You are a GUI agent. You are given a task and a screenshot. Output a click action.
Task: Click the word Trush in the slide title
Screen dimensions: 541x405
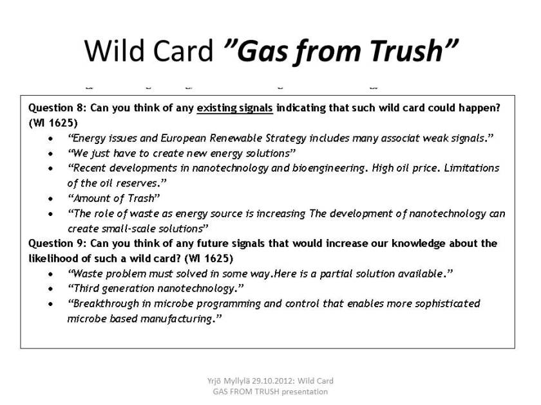[x=407, y=51]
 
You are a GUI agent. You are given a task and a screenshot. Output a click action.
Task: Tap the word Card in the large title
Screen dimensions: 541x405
[x=182, y=51]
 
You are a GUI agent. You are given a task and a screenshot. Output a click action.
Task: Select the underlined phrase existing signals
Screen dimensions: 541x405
[x=234, y=108]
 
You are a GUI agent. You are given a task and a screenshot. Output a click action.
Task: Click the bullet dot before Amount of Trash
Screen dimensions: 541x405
[x=51, y=199]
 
